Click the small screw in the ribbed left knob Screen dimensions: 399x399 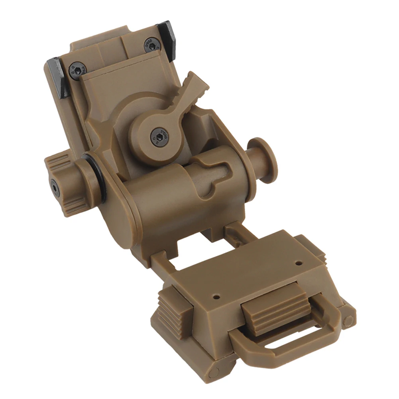click(54, 187)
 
